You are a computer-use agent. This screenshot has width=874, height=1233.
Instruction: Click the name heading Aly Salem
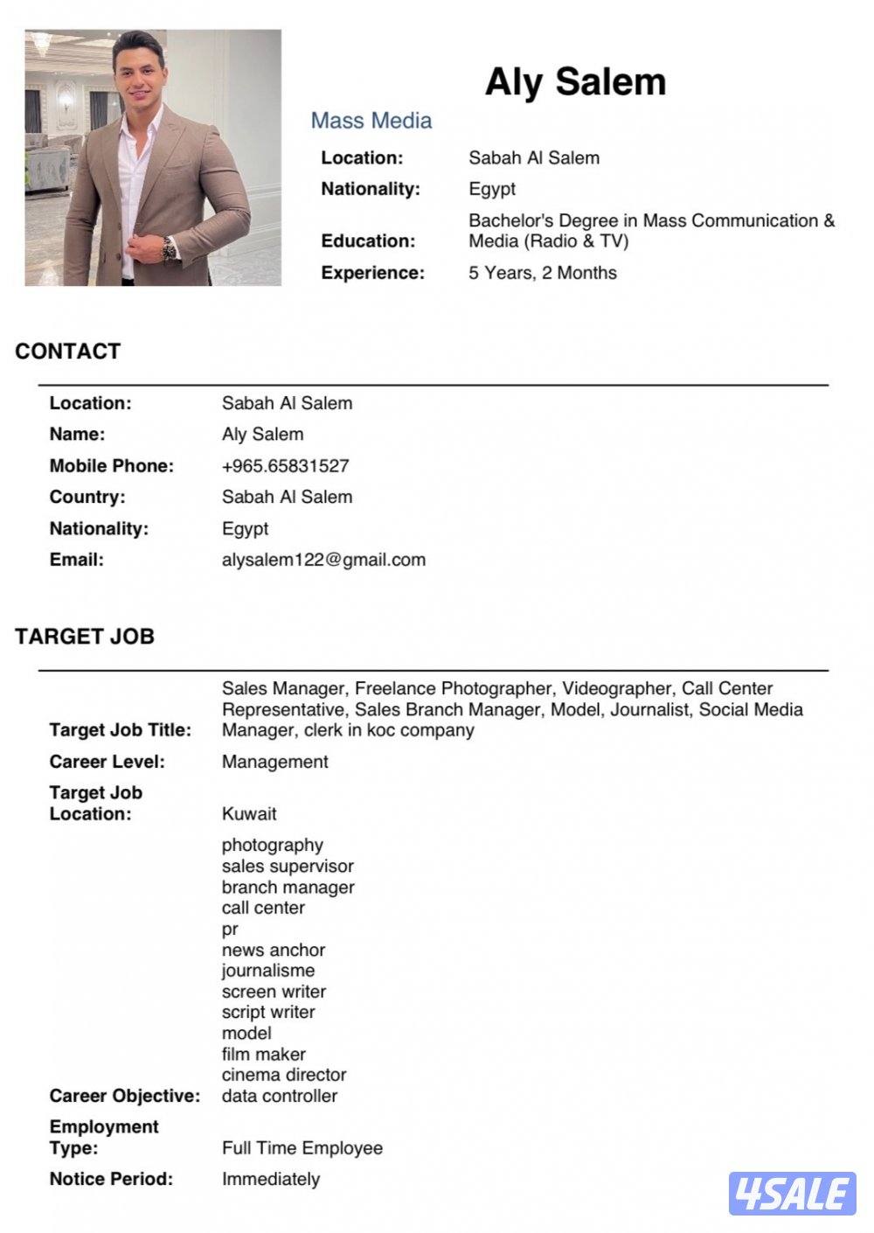(x=575, y=82)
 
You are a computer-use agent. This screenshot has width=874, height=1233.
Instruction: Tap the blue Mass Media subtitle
(x=371, y=121)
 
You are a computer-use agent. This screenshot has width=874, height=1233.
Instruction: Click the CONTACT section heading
(x=67, y=352)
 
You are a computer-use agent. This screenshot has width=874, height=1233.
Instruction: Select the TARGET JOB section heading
(x=84, y=637)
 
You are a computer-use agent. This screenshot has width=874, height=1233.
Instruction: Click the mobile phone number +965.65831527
(x=285, y=466)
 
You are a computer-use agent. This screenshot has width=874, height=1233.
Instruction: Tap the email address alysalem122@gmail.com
(x=323, y=560)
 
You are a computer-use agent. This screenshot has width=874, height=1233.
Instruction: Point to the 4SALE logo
(x=792, y=1194)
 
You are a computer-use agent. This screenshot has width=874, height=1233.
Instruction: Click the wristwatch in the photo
(x=169, y=249)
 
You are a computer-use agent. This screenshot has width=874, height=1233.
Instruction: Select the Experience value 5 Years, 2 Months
(x=542, y=273)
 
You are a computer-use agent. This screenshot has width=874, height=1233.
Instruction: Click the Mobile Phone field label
(x=111, y=466)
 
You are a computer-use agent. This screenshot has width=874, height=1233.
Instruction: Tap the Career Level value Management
(x=274, y=762)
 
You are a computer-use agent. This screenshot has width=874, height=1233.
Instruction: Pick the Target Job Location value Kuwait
(x=249, y=814)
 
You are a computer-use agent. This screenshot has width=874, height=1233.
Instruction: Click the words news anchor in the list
(x=273, y=950)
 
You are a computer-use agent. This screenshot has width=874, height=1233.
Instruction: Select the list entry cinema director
(x=284, y=1075)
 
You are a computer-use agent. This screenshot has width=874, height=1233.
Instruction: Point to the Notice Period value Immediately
(x=271, y=1180)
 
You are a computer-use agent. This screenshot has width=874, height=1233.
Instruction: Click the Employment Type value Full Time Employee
(x=302, y=1148)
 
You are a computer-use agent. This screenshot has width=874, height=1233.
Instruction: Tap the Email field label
(x=76, y=560)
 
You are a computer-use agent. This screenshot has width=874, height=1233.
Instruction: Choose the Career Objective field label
(x=124, y=1096)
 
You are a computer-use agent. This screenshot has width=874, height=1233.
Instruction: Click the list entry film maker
(x=263, y=1055)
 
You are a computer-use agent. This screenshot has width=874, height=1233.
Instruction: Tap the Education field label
(x=368, y=241)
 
